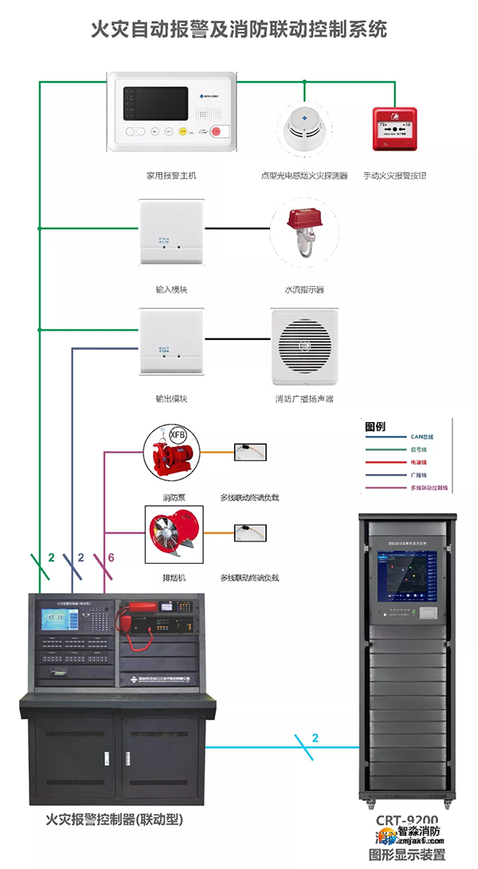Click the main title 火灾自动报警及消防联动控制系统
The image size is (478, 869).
click(x=239, y=29)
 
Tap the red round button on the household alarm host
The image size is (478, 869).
click(x=215, y=133)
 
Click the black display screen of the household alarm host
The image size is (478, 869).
click(x=153, y=104)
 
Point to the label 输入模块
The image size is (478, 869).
click(x=171, y=289)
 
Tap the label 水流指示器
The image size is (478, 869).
click(x=304, y=289)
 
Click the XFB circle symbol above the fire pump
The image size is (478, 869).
click(x=175, y=435)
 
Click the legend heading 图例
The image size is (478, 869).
click(x=375, y=426)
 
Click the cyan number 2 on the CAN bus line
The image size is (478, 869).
click(x=315, y=738)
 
